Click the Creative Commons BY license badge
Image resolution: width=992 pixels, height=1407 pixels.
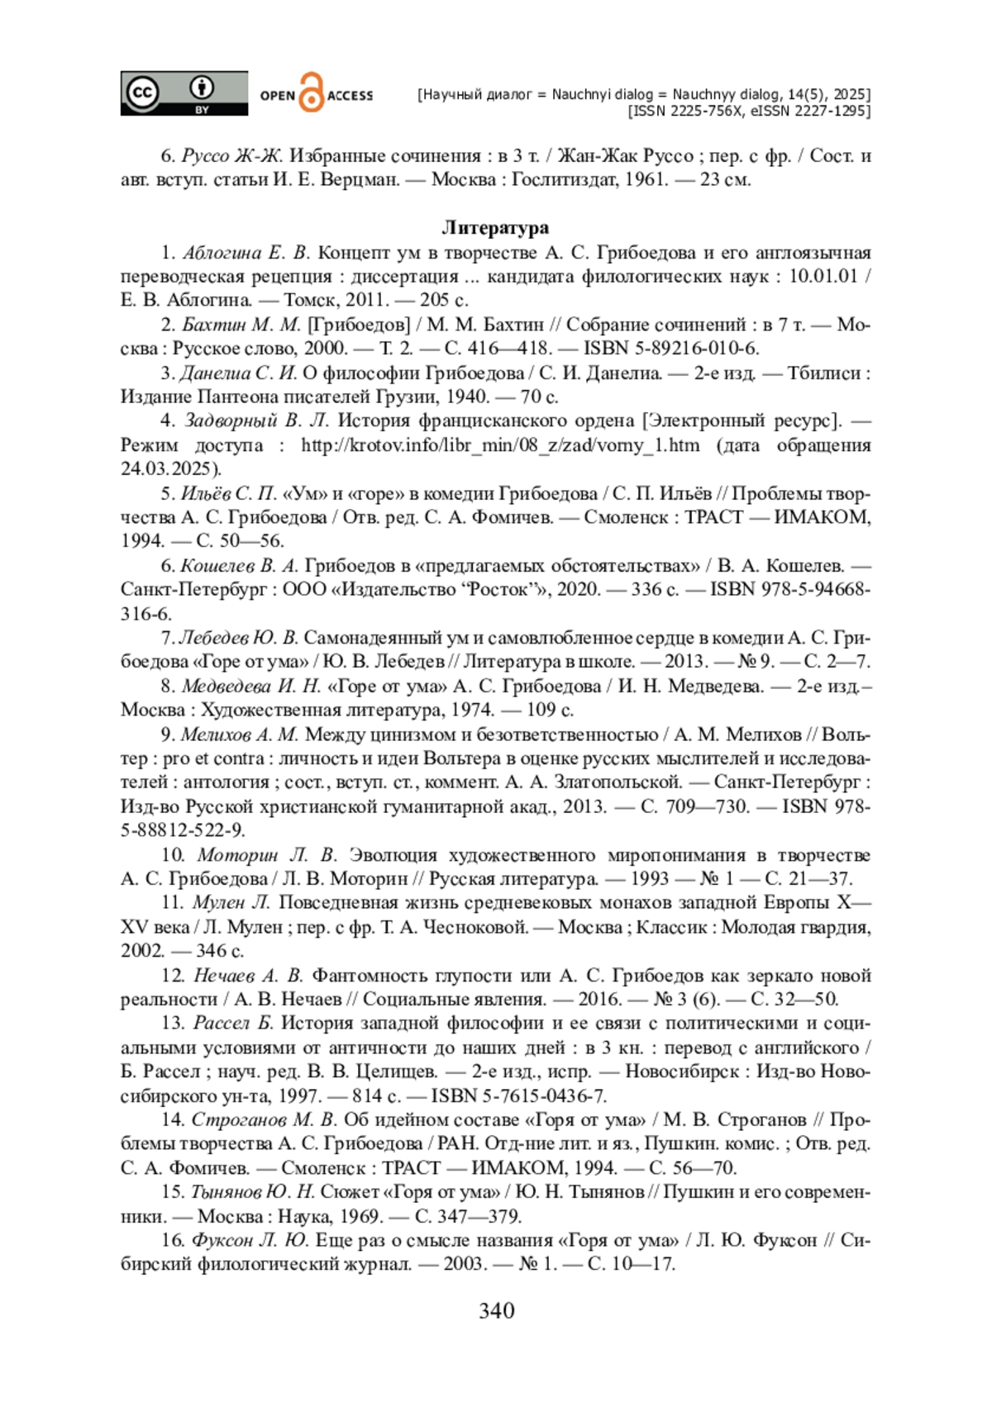pos(184,93)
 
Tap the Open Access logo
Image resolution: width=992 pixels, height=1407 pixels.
pos(317,94)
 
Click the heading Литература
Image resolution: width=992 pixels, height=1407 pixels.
pos(495,227)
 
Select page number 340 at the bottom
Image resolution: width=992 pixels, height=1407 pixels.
pos(496,1310)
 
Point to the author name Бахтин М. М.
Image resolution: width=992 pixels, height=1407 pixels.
pos(241,325)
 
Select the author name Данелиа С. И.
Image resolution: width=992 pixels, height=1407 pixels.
pos(238,373)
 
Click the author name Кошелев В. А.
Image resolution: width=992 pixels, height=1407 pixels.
pos(239,566)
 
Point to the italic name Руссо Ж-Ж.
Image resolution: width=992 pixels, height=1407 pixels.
pos(232,155)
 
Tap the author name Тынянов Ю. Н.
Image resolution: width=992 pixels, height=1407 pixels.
pos(252,1192)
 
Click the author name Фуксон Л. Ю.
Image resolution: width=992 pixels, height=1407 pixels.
pos(250,1240)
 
